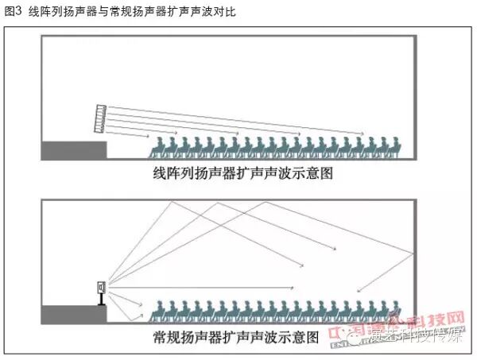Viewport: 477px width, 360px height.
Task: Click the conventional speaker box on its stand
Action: point(100,288)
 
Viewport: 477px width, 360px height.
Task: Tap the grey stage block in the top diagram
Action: point(74,149)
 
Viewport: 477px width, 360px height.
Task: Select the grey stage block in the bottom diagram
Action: point(74,313)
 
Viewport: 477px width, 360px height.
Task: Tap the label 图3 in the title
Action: point(13,10)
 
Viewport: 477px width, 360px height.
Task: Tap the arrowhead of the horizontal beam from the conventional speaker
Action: point(294,288)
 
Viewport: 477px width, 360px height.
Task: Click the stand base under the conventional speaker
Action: point(100,304)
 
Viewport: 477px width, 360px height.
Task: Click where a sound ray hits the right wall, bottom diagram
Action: point(413,253)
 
